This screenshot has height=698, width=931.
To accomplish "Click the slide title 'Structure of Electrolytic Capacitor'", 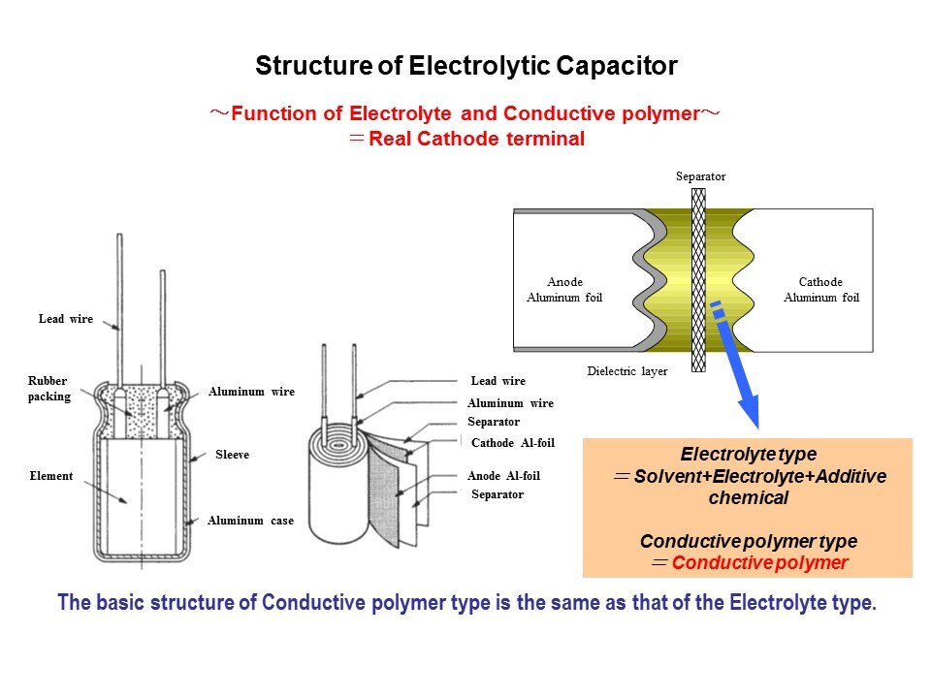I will [465, 66].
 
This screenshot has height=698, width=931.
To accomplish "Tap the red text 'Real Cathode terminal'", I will [476, 139].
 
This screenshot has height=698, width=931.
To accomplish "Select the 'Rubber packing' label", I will [48, 389].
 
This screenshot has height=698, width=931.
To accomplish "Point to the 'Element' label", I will [51, 476].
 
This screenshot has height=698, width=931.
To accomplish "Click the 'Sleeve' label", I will [232, 454].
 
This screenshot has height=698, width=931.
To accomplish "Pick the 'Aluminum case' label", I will [250, 521].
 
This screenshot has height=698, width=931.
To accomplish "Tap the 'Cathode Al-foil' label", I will [512, 443].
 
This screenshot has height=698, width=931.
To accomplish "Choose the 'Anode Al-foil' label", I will [503, 476].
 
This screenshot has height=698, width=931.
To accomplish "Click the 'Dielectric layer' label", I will [627, 371].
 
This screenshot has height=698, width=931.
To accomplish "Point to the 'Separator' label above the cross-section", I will [700, 176].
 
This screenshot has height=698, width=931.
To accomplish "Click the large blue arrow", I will [742, 383].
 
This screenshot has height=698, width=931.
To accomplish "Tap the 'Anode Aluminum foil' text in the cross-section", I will [564, 290].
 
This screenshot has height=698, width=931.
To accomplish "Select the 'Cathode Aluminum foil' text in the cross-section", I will [820, 290].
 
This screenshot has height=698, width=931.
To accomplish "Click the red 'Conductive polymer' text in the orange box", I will [759, 563].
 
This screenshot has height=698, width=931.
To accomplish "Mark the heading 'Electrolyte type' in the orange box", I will [748, 454].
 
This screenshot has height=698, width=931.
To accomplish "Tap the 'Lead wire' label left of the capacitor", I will [66, 319].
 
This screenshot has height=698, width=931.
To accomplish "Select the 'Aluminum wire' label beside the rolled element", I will [510, 403].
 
